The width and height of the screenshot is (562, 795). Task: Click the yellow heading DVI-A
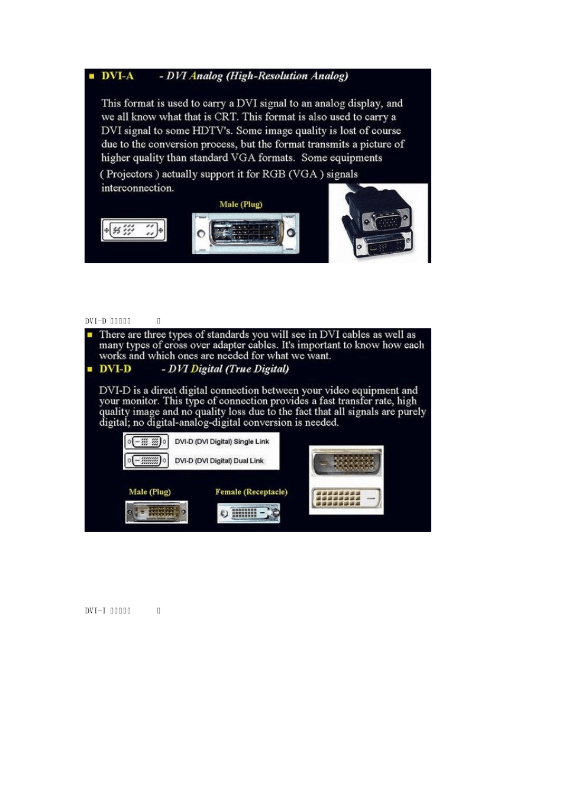(x=118, y=76)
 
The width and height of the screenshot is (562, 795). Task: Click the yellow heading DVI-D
(x=115, y=369)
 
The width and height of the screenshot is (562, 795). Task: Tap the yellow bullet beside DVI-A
(x=92, y=76)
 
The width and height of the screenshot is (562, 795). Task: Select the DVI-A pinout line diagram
(x=134, y=230)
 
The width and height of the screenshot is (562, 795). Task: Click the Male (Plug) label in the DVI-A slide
(x=241, y=205)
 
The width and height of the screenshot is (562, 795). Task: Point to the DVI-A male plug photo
(x=246, y=233)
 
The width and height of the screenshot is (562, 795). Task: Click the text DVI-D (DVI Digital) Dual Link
(x=219, y=461)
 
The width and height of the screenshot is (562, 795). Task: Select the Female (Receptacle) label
(x=251, y=492)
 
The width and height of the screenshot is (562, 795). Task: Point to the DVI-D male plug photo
(x=157, y=512)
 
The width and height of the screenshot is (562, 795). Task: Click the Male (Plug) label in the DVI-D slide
(x=150, y=492)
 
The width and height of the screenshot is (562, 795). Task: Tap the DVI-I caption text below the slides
(x=108, y=610)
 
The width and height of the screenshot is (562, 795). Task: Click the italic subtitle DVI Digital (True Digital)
(x=228, y=369)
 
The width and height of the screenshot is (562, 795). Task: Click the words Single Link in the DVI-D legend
(x=251, y=442)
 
